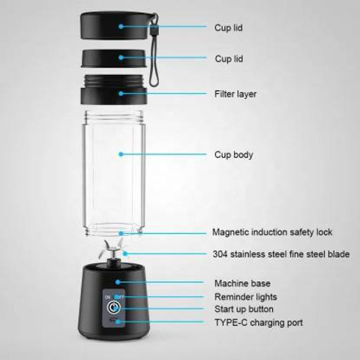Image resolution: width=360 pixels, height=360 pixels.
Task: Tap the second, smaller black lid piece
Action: (x=113, y=58)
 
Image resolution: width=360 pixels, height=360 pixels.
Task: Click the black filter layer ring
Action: (x=113, y=89)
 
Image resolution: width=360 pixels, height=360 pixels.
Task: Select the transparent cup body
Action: (x=114, y=173)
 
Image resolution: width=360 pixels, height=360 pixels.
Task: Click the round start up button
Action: (x=113, y=307)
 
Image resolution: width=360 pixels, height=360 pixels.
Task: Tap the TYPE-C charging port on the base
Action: (x=114, y=319)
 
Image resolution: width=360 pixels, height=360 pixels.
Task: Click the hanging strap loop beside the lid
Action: (x=154, y=50)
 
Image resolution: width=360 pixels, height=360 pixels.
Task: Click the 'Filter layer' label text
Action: (x=235, y=94)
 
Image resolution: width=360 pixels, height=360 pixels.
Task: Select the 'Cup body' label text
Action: (x=234, y=154)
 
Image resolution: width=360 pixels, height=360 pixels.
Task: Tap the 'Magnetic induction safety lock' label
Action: (x=272, y=232)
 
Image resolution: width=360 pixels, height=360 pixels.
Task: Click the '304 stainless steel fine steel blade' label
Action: (x=281, y=254)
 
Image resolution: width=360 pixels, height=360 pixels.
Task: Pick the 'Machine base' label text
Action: (x=242, y=283)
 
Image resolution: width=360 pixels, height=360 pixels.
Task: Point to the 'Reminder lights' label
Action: (x=246, y=297)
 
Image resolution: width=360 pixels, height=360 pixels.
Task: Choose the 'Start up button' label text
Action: (x=244, y=309)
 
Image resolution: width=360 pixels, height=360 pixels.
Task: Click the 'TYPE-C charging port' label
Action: (x=259, y=322)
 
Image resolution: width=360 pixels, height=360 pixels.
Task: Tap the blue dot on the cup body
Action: (x=121, y=154)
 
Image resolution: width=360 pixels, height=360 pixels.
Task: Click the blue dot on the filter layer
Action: (x=121, y=94)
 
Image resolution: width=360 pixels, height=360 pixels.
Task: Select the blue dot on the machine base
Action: (x=118, y=282)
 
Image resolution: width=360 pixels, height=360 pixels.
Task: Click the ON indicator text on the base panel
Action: (x=107, y=297)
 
